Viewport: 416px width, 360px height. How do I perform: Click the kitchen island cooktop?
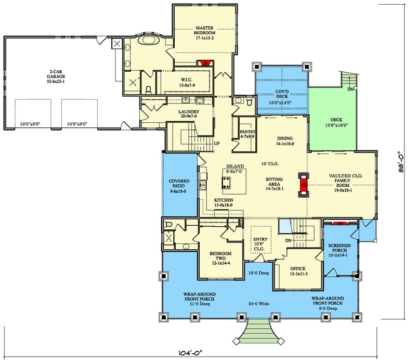[x=227, y=182]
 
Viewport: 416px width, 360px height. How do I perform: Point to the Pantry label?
[x=248, y=134]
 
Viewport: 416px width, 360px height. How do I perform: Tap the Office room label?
[x=298, y=272]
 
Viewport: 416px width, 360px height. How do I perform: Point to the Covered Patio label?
[x=178, y=186]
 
